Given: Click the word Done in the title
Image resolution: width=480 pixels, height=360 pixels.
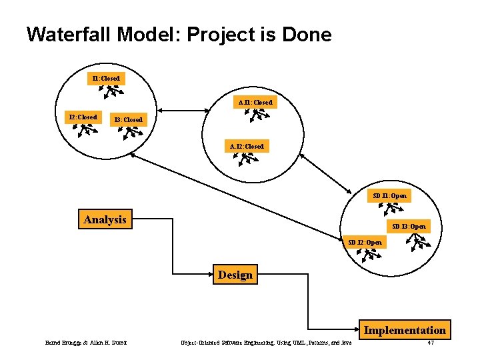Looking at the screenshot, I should pos(305,35).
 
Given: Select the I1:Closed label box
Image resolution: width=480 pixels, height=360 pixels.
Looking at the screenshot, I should pos(105,79).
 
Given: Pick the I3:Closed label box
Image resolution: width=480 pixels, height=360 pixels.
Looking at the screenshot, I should pos(127,119).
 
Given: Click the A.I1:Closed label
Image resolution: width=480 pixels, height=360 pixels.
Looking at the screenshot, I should pos(255,103).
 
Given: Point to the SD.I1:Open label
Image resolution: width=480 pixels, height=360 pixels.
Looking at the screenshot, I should pos(389,196).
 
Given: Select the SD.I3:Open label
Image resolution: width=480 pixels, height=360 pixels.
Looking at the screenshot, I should pos(409,227).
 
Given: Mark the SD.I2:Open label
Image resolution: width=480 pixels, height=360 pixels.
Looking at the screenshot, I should pos(365,242).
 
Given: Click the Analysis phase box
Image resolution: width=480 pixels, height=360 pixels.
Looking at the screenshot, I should pos(105,219).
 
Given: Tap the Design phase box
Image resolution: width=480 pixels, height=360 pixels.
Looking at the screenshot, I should pos(235,275).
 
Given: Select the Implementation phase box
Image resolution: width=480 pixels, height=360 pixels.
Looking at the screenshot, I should pos(404,330).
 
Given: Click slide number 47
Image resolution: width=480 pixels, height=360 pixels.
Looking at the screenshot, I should pos(431,343).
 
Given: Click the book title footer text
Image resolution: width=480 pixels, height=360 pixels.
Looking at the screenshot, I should pos(266,343).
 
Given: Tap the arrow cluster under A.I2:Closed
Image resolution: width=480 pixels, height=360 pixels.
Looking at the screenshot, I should pos(248,159).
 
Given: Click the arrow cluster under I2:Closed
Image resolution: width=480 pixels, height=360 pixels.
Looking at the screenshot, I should pos(84,129).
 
